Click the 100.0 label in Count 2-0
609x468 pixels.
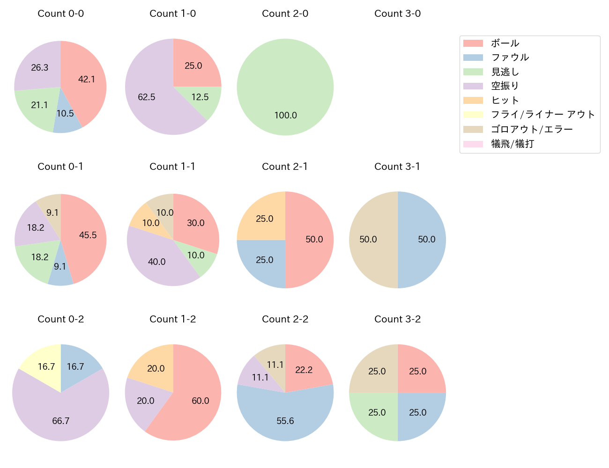[x=286, y=115]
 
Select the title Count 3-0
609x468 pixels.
[x=397, y=14]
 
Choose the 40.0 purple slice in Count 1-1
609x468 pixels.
[x=157, y=261]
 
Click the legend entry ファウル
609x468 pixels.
[x=510, y=58]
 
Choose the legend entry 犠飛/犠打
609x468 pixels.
[x=512, y=144]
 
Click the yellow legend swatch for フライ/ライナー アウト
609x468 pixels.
[x=473, y=115]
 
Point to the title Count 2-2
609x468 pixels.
[x=285, y=319]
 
